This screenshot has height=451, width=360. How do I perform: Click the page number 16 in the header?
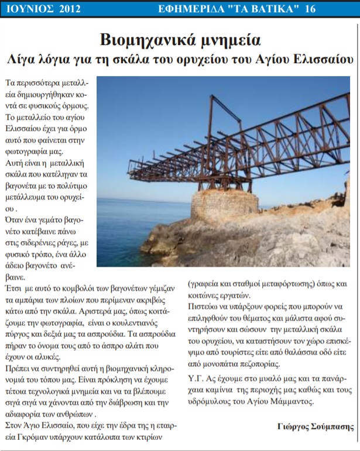click(342, 9)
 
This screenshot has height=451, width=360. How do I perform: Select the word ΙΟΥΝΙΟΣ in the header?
click(29, 9)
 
